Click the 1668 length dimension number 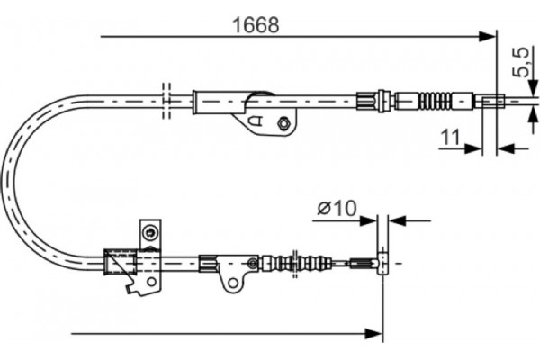[255, 24]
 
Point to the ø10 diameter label [337, 209]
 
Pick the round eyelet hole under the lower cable [233, 283]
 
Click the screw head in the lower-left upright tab [149, 236]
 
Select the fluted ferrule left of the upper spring [370, 99]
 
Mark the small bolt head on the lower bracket [253, 264]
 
